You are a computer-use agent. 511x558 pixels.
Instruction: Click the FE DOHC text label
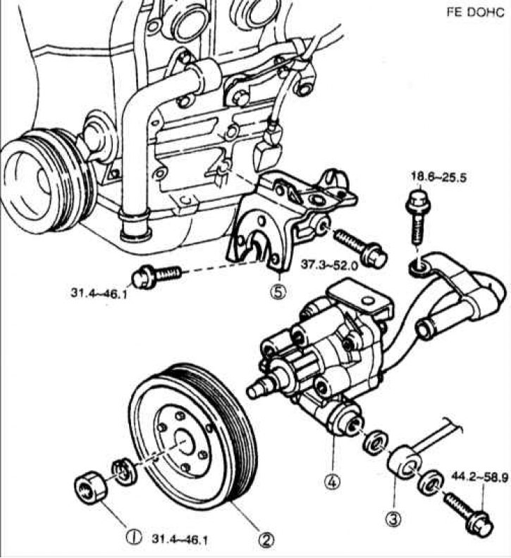476,13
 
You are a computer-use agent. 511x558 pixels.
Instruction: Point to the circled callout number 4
331,483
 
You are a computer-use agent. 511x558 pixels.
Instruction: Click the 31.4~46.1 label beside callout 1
180,538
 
